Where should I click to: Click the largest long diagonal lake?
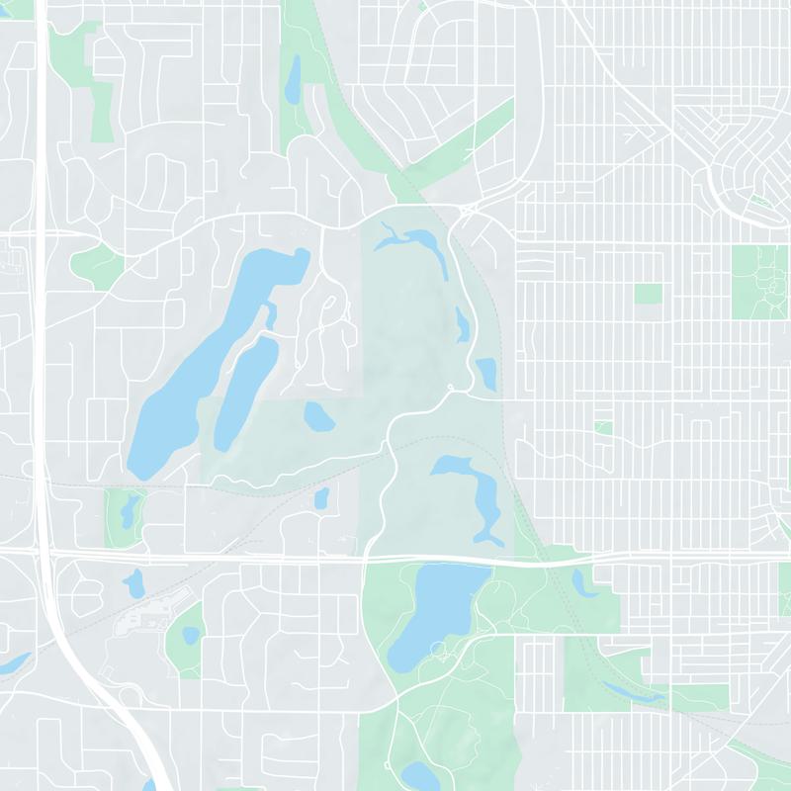tap(198, 366)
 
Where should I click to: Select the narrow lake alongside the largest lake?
tap(242, 386)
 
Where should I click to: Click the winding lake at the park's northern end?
tap(415, 240)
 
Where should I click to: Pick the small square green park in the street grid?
tap(648, 294)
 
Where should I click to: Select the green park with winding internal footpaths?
tap(759, 282)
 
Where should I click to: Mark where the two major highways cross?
tap(46, 557)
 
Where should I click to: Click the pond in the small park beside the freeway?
tap(128, 510)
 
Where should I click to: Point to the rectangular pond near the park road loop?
tap(485, 373)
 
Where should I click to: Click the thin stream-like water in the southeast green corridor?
tap(633, 693)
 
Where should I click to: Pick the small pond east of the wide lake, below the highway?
tap(583, 583)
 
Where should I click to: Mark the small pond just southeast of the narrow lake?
tap(318, 416)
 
